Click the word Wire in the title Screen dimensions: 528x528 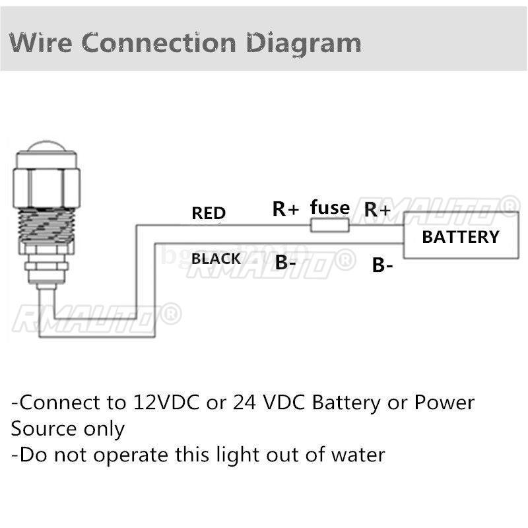point(41,43)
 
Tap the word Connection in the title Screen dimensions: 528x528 point(159,43)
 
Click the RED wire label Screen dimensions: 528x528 point(209,213)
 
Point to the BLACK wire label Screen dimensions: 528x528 point(216,259)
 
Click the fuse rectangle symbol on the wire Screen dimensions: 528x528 point(329,225)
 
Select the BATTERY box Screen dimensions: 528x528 point(461,235)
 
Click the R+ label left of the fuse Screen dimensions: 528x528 point(286,209)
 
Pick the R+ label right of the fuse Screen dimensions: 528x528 point(377,209)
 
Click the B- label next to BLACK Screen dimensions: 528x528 point(285,262)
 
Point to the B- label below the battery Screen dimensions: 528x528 point(382,265)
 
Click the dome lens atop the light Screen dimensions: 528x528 point(46,147)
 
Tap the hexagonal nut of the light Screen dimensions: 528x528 point(46,187)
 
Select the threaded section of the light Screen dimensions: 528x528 point(46,226)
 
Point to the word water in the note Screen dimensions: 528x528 point(358,455)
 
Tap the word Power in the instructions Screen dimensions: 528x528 point(444,402)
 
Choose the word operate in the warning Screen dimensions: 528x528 point(131,456)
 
